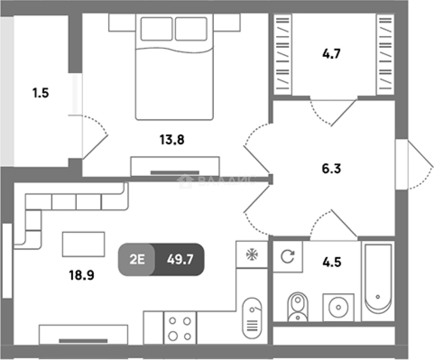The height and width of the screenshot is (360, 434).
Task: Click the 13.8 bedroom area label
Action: [172, 139]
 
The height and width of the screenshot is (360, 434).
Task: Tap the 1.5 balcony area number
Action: [40, 93]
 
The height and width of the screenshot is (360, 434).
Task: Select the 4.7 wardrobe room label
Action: [331, 54]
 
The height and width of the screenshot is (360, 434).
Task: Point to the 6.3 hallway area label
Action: [331, 168]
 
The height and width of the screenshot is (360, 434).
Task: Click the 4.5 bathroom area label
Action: [332, 262]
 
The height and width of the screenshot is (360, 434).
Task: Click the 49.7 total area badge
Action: [180, 259]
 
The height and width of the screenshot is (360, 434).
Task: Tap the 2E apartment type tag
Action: [137, 259]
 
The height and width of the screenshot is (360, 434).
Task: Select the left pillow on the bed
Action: [156, 29]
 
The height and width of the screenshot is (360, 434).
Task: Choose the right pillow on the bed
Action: [191, 29]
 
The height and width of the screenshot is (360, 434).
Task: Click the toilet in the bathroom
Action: [298, 307]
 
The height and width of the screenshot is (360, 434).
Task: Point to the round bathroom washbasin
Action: [338, 307]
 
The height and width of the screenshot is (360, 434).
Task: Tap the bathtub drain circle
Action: [378, 297]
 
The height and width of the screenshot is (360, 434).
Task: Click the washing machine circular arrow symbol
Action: [288, 256]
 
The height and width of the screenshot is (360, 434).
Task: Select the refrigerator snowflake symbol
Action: [252, 254]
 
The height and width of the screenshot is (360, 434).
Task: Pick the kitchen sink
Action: [252, 318]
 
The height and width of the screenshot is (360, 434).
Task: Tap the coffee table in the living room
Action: [83, 244]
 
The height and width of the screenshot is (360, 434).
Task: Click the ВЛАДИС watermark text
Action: [227, 181]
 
